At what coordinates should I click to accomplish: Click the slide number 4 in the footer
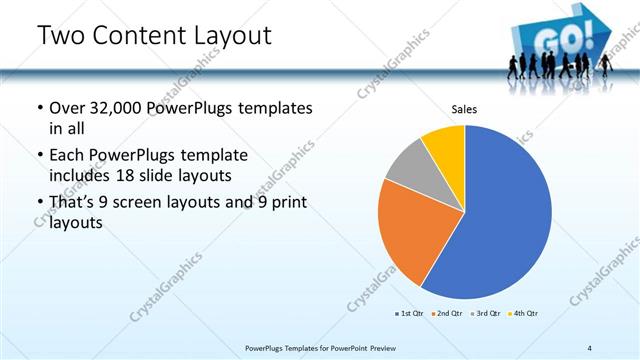tap(590, 347)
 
